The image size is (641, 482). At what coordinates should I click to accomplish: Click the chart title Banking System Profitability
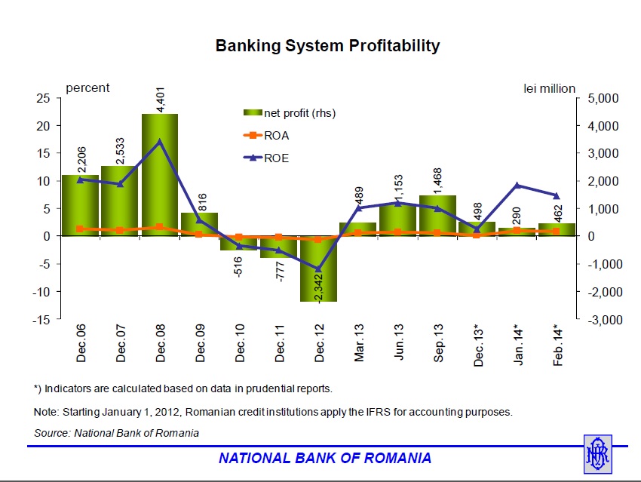point(327,46)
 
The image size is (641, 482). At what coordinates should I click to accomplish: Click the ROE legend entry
point(276,158)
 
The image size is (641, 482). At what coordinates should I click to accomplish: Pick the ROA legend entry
point(276,136)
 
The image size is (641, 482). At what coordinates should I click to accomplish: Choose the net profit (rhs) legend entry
point(299,113)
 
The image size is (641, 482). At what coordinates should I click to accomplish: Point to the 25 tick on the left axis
point(44,98)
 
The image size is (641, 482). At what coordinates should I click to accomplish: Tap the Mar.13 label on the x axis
point(360,344)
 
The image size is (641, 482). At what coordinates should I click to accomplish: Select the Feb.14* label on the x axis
point(558,345)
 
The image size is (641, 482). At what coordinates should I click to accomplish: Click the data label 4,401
point(161,100)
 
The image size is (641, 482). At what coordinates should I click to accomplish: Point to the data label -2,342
point(319,284)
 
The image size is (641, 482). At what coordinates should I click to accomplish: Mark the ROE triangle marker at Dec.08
point(160,141)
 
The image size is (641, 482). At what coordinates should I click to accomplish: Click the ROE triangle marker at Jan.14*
point(517,185)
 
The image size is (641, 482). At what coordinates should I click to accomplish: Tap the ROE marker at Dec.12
point(319,269)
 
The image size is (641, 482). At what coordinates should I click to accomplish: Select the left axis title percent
point(87,87)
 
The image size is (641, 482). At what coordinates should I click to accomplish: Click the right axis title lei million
point(549,88)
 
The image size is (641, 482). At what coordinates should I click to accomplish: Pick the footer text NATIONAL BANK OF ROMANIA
point(325,458)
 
